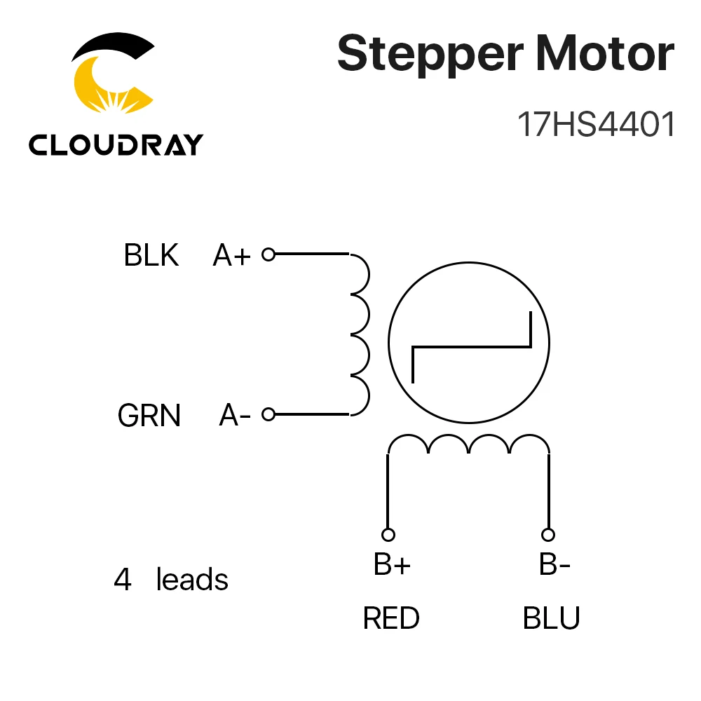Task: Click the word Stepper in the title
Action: [x=430, y=55]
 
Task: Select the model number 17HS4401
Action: [x=595, y=124]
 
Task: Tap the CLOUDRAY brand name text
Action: [x=116, y=144]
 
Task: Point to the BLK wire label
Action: [x=151, y=255]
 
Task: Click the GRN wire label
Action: [x=149, y=415]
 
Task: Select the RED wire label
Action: [x=391, y=618]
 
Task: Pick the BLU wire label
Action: [x=551, y=618]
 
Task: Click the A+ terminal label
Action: [x=231, y=255]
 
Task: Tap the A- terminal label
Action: [x=235, y=415]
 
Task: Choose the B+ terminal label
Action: [x=392, y=564]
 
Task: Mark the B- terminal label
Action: [x=554, y=564]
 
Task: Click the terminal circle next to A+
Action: [x=268, y=254]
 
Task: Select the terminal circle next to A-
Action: [x=268, y=414]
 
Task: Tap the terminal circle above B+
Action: [x=388, y=535]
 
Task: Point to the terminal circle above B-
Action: [x=548, y=535]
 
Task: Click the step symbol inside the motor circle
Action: [x=471, y=346]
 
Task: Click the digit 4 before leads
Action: [x=123, y=580]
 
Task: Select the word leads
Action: [x=192, y=579]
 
